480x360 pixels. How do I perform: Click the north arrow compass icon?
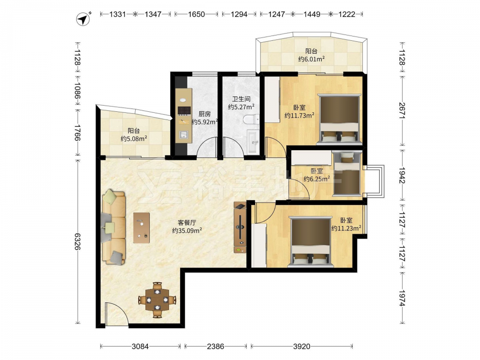click(83, 19)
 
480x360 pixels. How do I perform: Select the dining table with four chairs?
click(157, 300)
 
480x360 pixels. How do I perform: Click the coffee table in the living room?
click(142, 228)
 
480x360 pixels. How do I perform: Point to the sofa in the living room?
click(114, 227)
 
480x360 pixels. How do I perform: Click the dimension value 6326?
click(78, 241)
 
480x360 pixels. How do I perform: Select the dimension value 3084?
click(140, 347)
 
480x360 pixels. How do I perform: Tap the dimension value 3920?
click(301, 347)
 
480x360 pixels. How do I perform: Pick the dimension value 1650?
click(196, 14)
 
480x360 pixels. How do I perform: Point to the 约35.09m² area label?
click(187, 230)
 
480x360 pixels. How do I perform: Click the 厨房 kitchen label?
click(204, 114)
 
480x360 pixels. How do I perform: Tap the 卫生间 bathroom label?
click(241, 99)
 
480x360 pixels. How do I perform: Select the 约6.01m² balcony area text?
click(312, 59)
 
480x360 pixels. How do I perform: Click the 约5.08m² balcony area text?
click(134, 139)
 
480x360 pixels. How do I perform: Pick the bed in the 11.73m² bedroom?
click(339, 119)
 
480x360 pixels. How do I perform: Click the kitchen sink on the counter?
click(183, 135)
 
